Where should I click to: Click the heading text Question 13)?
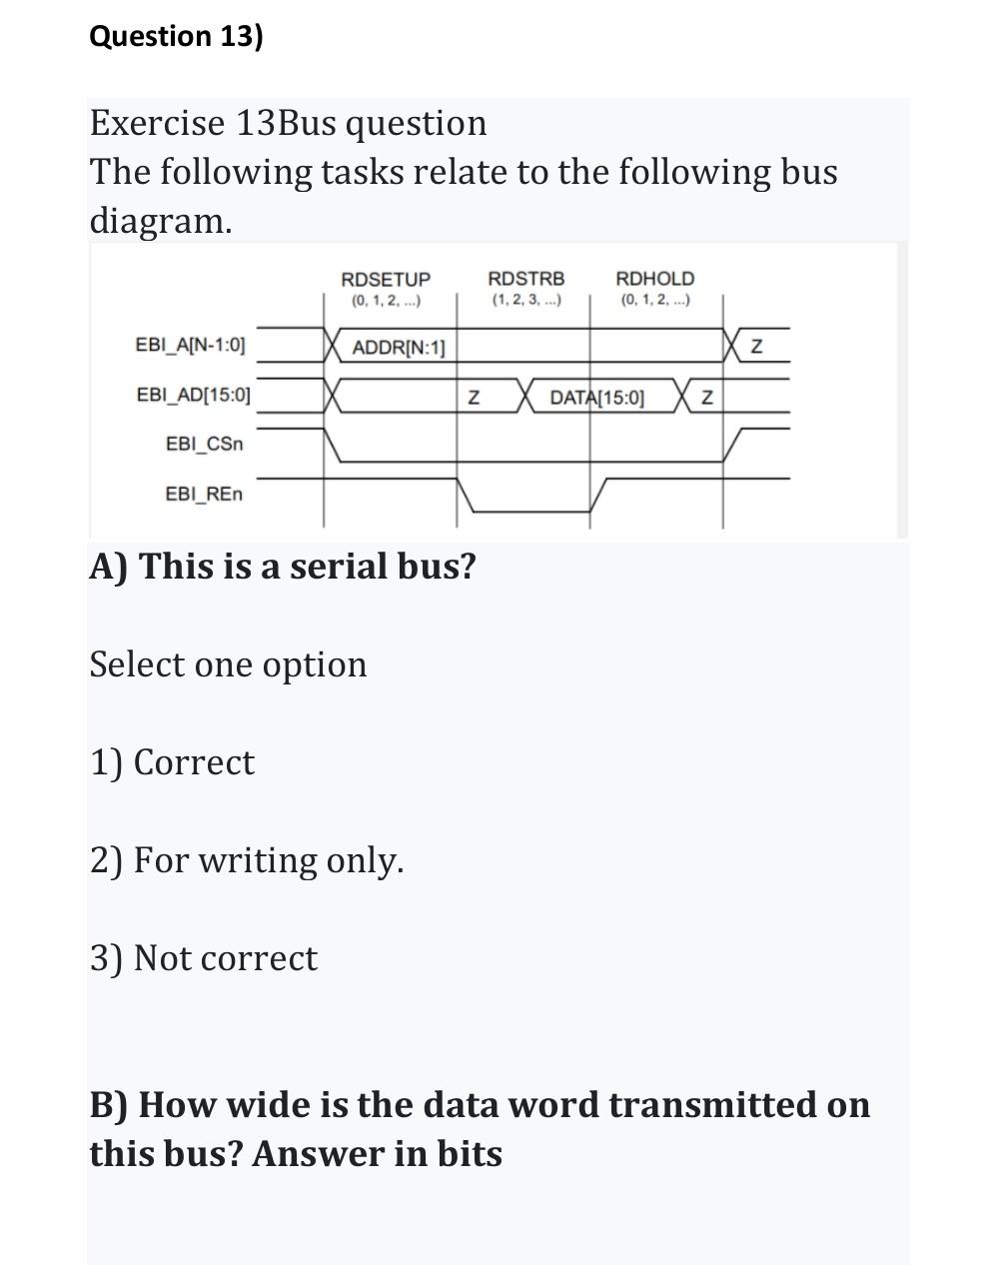[176, 37]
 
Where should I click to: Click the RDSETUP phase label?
[386, 279]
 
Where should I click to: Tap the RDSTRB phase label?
[525, 278]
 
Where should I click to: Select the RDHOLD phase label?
[654, 278]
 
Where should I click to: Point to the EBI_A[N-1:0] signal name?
[189, 346]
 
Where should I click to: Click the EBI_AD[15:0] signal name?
[193, 395]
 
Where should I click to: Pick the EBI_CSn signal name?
[204, 443]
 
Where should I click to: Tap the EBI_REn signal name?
[203, 494]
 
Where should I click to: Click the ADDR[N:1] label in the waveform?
[399, 348]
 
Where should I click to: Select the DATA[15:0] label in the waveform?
[596, 398]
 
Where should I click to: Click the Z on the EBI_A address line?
[756, 348]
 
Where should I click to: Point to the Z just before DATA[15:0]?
[475, 398]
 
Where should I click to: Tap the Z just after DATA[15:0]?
[706, 398]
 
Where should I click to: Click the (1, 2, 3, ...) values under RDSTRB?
[525, 300]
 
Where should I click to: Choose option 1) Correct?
[172, 762]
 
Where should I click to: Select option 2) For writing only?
[247, 859]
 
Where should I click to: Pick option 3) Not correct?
[204, 957]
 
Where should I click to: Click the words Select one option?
[228, 664]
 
